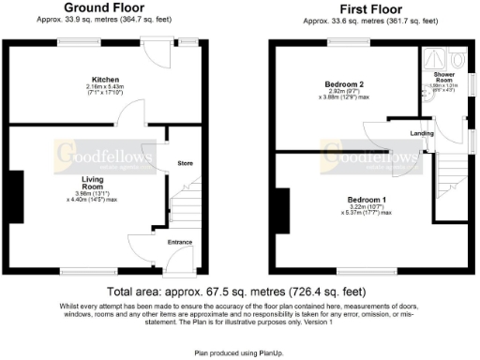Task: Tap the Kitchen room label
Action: pos(104,79)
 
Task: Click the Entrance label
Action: pos(179,243)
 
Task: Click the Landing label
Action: pos(421,133)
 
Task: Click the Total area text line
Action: pos(239,292)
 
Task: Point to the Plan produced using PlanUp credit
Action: pos(239,353)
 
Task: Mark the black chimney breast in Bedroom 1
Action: pos(282,210)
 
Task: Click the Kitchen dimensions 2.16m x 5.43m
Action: pos(104,91)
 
